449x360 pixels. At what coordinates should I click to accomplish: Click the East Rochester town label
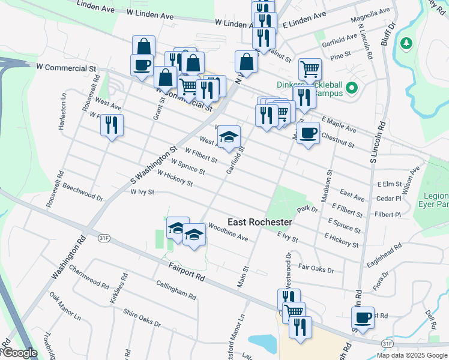259,222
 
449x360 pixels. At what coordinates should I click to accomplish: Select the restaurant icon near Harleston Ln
112,125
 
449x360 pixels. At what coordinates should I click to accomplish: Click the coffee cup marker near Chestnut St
308,133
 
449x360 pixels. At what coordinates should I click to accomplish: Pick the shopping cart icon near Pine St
310,69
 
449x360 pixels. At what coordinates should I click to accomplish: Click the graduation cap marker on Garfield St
229,137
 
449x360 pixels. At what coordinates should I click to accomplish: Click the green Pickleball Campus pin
352,89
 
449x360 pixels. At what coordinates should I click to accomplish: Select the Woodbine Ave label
228,233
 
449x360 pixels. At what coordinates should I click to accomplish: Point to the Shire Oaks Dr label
142,318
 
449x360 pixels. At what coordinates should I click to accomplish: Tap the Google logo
20,353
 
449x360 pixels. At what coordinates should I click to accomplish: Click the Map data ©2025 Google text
412,355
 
